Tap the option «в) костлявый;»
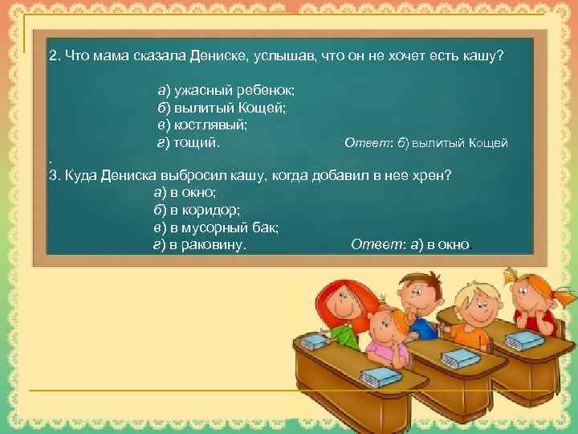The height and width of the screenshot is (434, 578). (201, 125)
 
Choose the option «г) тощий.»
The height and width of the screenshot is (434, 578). (188, 143)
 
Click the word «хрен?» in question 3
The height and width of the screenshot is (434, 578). (434, 176)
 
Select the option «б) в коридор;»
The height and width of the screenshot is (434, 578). (195, 211)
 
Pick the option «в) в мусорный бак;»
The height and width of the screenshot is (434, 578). (215, 228)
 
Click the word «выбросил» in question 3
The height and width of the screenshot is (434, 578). (193, 176)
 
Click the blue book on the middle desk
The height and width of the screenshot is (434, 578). (457, 358)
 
